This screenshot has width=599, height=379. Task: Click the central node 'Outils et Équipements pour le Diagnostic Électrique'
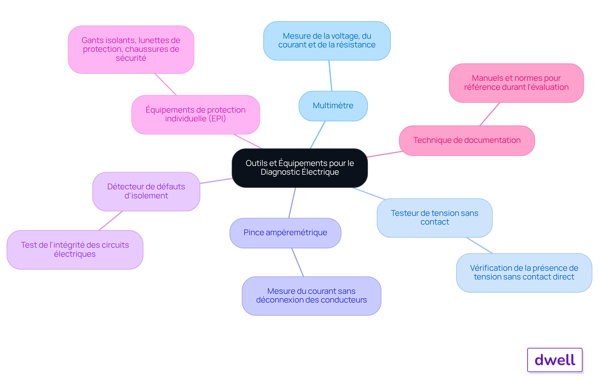pos(299,168)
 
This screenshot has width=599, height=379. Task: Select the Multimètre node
pos(333,106)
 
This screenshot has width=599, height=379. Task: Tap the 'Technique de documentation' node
pos(467,140)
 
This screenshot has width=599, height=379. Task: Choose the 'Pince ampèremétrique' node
pos(285,233)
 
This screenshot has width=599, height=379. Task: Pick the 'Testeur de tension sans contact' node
pos(435,218)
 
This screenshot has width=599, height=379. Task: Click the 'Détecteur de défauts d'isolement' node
pos(146,191)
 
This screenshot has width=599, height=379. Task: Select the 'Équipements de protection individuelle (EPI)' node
pos(196,114)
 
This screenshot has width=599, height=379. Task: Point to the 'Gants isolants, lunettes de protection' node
pos(131,49)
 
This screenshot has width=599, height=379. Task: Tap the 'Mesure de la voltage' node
pos(327,41)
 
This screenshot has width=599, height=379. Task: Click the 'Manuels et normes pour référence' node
pos(516,83)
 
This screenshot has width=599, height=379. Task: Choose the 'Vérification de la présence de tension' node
pos(524,273)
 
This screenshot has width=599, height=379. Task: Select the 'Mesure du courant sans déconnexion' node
pos(311,296)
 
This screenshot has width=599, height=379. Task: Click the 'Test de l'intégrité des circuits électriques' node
pos(75,250)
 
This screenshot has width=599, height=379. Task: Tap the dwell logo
pos(555,360)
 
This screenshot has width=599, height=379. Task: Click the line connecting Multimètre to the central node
pos(318,135)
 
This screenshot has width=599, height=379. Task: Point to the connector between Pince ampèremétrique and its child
pos(298,262)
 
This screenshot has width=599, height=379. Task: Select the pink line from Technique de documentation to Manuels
pos(490,114)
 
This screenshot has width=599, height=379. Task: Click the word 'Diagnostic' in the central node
pos(280,172)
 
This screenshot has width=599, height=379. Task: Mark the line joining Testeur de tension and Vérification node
pos(480,245)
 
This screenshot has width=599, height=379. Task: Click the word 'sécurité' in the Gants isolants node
pos(131,58)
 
